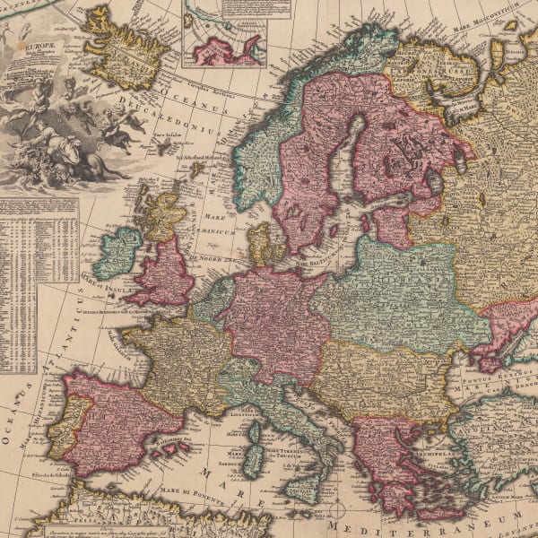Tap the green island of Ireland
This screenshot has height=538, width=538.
coord(117,253)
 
